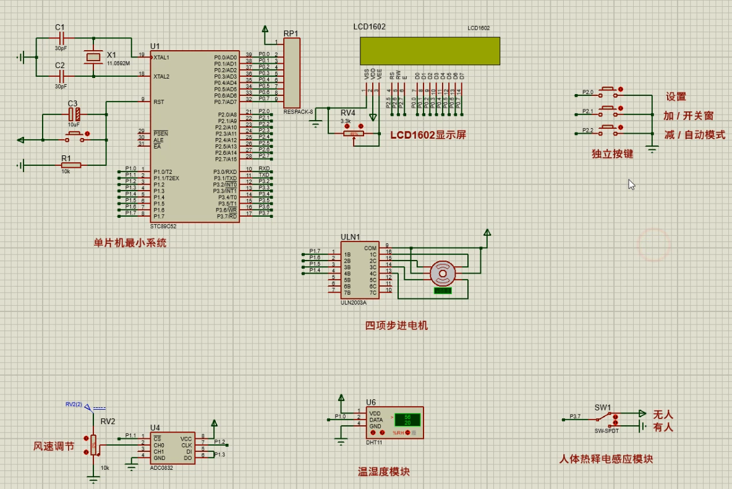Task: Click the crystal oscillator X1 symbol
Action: [93, 58]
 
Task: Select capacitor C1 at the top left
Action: [60, 38]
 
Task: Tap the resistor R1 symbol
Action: [70, 165]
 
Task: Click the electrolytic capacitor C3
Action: [74, 115]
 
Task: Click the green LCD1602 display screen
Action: [430, 51]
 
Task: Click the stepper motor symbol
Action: [443, 273]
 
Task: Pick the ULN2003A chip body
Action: [359, 270]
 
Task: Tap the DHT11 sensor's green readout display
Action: [407, 419]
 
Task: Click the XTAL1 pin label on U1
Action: [161, 57]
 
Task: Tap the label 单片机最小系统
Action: [130, 243]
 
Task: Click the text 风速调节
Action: [54, 446]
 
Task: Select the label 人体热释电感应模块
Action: [605, 459]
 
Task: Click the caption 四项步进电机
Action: [396, 326]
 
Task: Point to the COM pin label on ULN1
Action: [370, 248]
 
